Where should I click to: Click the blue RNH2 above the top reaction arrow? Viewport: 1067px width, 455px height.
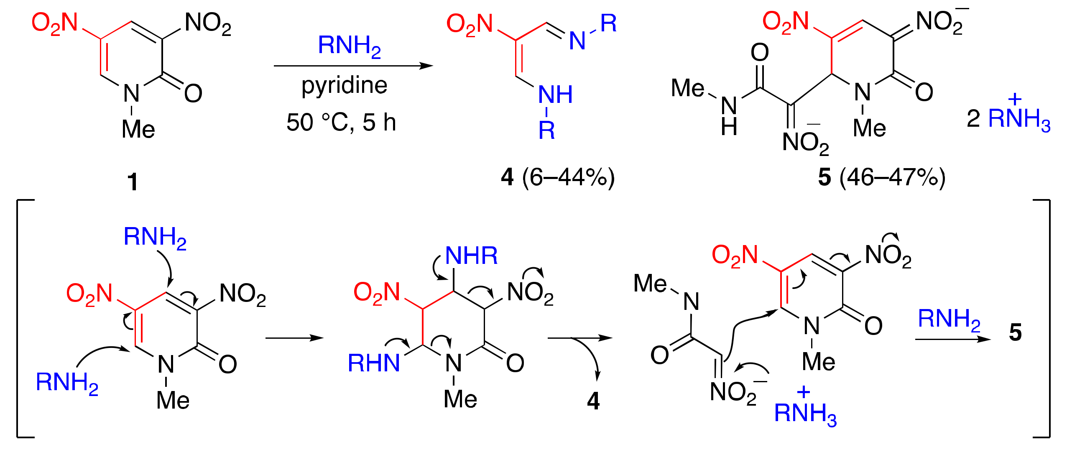click(349, 46)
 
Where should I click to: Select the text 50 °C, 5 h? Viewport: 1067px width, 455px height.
click(341, 123)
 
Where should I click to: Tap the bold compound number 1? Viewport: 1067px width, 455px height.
click(133, 182)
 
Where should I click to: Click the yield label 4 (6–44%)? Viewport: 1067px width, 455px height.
click(558, 178)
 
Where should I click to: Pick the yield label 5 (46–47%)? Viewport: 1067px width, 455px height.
click(881, 178)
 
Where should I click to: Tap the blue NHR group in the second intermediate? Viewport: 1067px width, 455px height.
click(471, 256)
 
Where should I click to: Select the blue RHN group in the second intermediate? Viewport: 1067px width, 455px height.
click(374, 363)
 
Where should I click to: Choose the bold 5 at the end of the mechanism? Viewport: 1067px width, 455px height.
click(1015, 333)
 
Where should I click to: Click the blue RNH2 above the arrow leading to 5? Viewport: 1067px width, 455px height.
click(949, 320)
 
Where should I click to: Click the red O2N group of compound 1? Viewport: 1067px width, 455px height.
click(55, 23)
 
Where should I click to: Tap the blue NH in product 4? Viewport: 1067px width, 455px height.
click(555, 95)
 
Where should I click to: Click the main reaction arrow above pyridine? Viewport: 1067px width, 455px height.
click(353, 66)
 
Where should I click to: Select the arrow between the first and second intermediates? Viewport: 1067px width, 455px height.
click(294, 338)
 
